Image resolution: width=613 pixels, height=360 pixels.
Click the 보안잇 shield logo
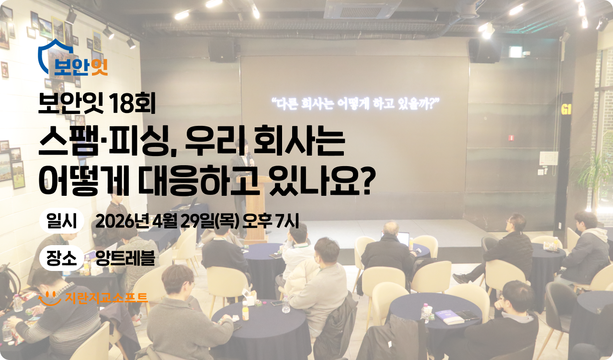tap(72, 58)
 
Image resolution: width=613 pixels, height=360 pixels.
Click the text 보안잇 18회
tap(97, 104)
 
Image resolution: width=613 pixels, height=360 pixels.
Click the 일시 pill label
tap(62, 221)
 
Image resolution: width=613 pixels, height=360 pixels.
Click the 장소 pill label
tap(62, 258)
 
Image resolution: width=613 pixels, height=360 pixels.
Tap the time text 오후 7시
tap(271, 221)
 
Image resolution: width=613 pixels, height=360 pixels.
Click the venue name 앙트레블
tap(125, 258)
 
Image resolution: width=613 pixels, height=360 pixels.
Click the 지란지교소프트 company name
tap(107, 298)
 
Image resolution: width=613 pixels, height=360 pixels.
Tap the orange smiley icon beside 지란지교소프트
tap(49, 299)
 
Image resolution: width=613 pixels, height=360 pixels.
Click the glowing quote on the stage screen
tap(355, 103)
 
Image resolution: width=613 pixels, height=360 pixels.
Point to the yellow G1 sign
tap(566, 110)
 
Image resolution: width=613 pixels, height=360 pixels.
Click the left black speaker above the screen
tap(222, 51)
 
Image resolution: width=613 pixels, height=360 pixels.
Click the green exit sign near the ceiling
tap(516, 52)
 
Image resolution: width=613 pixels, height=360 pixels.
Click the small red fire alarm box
tap(511, 137)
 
